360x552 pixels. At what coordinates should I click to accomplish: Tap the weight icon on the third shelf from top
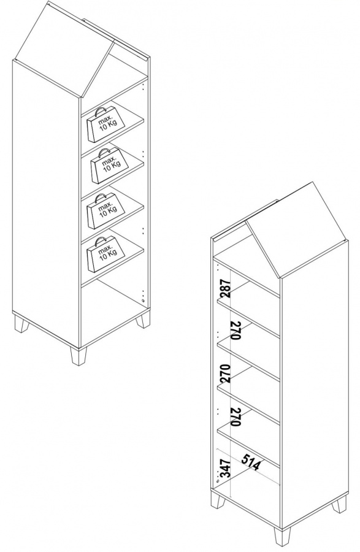[106, 210]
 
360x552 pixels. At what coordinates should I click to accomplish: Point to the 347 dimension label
[226, 468]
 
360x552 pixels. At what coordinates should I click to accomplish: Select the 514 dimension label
[251, 462]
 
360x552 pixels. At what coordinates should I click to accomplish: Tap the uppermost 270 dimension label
[236, 330]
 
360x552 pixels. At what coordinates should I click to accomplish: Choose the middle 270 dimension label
[226, 374]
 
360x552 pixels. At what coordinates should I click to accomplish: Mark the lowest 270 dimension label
[236, 417]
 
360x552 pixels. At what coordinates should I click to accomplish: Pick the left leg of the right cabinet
[217, 499]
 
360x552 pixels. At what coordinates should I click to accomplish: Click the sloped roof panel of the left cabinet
[63, 49]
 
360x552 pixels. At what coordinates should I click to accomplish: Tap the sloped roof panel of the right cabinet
[297, 231]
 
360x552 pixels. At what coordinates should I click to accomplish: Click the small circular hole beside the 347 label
[217, 480]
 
